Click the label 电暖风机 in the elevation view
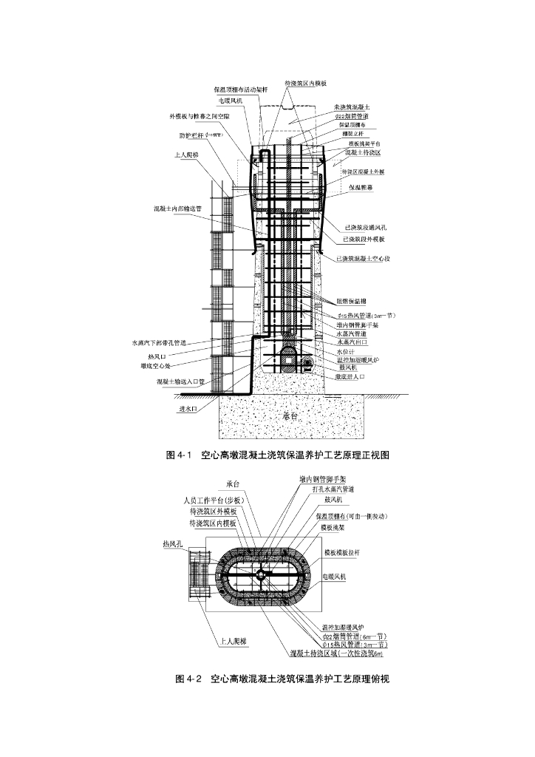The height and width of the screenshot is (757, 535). click(231, 100)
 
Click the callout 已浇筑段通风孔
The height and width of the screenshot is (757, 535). click(361, 227)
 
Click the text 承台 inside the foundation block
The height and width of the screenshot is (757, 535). click(290, 415)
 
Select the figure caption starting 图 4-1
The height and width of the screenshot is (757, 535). click(277, 455)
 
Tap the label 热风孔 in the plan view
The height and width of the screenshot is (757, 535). click(173, 545)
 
